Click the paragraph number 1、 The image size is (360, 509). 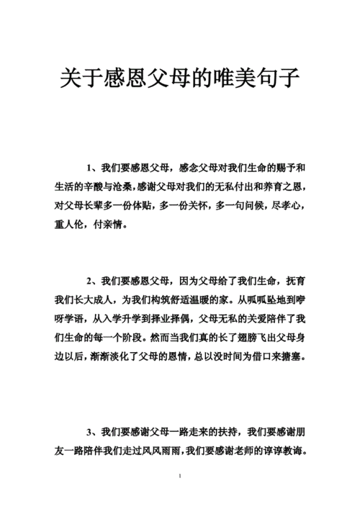91,168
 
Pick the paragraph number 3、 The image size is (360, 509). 91,433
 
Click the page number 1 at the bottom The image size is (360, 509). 179,477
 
